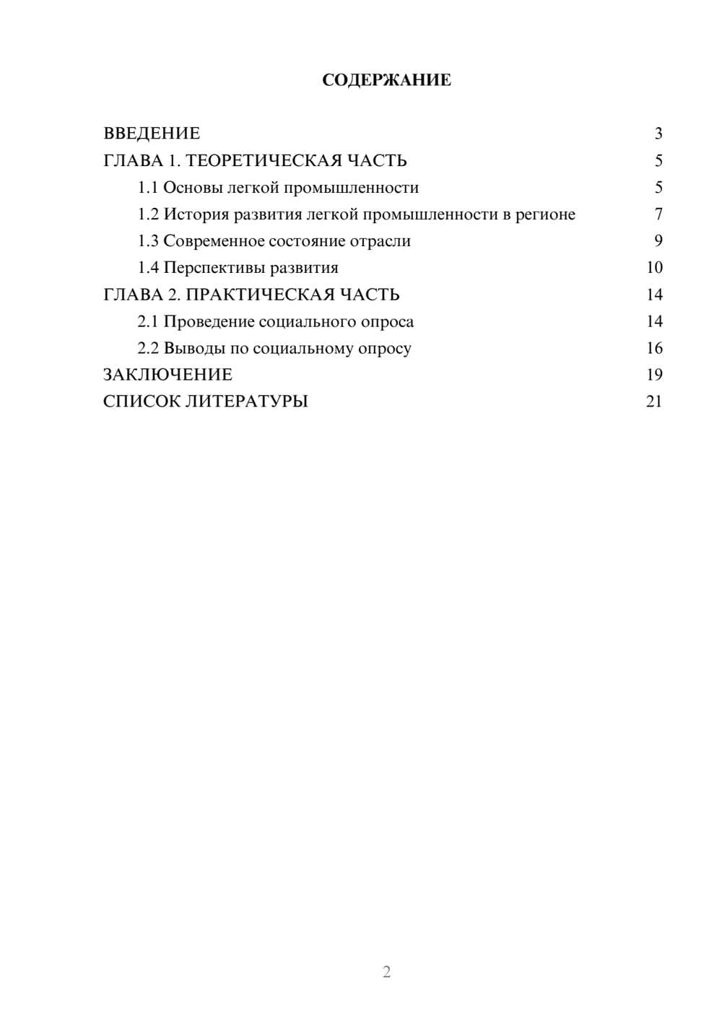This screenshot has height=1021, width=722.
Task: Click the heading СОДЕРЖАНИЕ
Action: click(386, 80)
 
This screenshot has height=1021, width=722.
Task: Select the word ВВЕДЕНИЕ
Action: click(152, 134)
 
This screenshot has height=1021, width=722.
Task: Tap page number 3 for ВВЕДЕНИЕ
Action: click(658, 134)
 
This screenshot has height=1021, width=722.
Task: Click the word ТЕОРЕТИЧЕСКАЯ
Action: click(263, 160)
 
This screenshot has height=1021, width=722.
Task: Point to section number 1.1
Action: click(148, 188)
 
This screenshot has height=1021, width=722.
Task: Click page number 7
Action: click(658, 214)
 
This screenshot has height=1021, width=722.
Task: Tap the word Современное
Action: click(214, 241)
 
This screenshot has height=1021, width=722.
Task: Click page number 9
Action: click(658, 241)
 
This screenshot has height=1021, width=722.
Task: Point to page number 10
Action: click(654, 268)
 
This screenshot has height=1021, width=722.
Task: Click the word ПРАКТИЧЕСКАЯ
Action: click(256, 295)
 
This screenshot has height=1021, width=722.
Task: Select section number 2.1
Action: click(148, 321)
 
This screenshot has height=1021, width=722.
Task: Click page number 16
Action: click(654, 349)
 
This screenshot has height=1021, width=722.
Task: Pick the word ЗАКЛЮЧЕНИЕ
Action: click(168, 375)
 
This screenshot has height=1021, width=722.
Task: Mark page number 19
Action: click(654, 375)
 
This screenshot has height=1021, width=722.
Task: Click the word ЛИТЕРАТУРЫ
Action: click(247, 401)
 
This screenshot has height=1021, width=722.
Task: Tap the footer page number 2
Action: click(386, 972)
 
